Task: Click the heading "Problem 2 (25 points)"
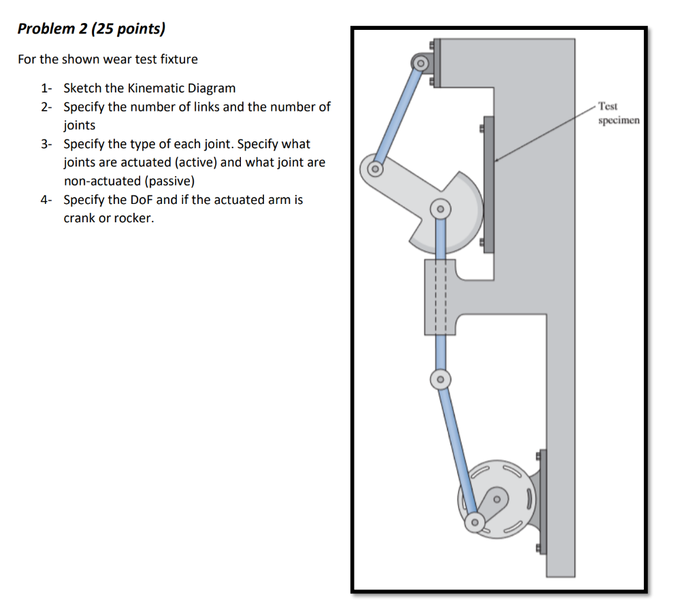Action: coord(91,29)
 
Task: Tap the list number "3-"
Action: coord(46,144)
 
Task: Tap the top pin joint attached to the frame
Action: coord(421,65)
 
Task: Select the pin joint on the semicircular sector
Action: coord(440,208)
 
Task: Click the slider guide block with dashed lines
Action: coord(440,297)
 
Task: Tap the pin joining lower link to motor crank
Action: coord(474,523)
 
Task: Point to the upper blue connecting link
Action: coord(398,116)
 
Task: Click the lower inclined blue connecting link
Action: coord(457,449)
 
